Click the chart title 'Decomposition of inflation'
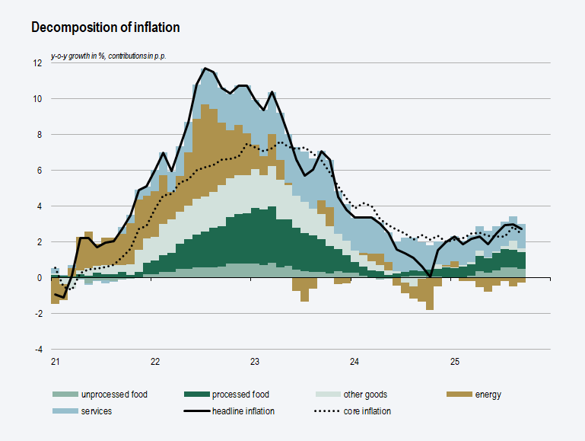pos(105,27)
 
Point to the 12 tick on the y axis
pos(37,63)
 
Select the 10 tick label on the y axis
pos(37,99)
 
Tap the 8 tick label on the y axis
pos(40,135)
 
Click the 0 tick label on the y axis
pos(40,278)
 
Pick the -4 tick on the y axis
pos(38,350)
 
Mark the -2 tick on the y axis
pos(38,314)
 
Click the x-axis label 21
pos(56,362)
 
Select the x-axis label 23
pos(255,362)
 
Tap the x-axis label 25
pos(454,362)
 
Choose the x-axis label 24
pos(354,362)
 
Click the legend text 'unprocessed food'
pos(114,395)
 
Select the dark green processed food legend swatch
pos(196,395)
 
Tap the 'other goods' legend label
pos(365,395)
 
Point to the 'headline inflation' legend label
pos(243,411)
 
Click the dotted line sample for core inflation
pos(327,411)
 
